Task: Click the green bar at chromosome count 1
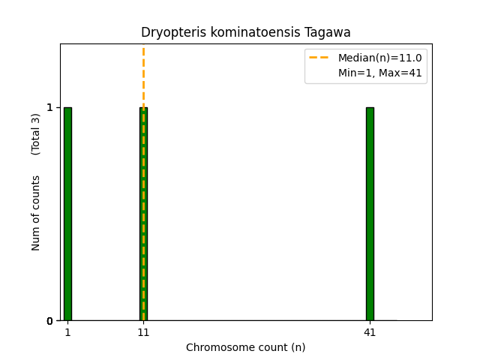(x=67, y=214)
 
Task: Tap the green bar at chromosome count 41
(x=370, y=214)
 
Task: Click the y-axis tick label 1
(x=49, y=107)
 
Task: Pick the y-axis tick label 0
(x=49, y=321)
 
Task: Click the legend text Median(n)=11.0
(x=379, y=58)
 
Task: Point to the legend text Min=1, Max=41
(x=379, y=73)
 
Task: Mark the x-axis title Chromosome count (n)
(x=246, y=347)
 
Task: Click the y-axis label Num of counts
(x=36, y=213)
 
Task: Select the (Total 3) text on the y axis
(x=36, y=134)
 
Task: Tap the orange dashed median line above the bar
(x=143, y=75)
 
